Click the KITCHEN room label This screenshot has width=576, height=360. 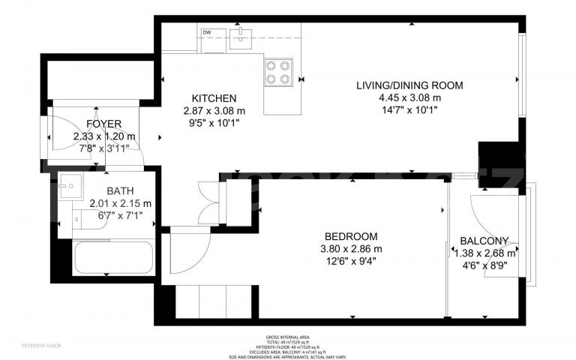214,98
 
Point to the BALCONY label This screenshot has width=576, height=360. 484,241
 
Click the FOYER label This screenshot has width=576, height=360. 104,124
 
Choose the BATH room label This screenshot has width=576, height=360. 120,190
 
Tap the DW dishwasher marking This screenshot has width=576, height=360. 207,31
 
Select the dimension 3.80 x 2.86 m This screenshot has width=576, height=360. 351,249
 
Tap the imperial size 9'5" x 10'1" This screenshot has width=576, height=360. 214,123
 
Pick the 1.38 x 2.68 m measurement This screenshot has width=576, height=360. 485,253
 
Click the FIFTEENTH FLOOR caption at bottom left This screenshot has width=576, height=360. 41,346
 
